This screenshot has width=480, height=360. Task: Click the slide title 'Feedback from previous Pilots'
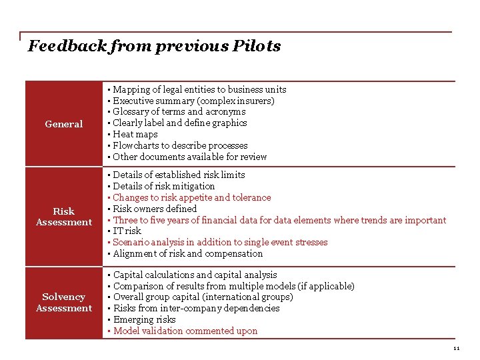click(154, 46)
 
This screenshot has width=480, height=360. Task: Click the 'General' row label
click(64, 124)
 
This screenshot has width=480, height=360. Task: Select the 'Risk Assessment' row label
click(64, 217)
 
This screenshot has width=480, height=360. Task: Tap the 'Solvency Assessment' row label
click(64, 303)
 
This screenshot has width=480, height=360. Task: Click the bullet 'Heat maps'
click(135, 134)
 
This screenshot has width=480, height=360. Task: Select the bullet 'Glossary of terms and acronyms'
click(179, 112)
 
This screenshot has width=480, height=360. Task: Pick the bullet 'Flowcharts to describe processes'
click(180, 145)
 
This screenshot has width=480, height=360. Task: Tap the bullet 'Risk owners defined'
click(155, 209)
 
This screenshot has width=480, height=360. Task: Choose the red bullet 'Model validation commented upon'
click(185, 331)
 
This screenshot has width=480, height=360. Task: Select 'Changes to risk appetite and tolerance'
click(191, 197)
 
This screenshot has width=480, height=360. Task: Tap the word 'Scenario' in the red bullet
click(131, 242)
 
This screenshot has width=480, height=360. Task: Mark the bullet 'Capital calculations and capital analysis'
click(195, 275)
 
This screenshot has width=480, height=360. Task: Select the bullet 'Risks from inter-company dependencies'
click(196, 308)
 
